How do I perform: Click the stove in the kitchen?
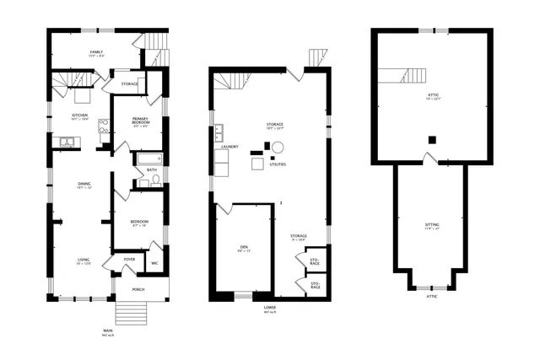104,126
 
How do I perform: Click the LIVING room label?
84,261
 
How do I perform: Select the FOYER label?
129,259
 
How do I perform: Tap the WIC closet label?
154,263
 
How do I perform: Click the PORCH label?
138,289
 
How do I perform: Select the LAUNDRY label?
229,147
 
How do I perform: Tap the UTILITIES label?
278,165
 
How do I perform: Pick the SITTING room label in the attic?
431,224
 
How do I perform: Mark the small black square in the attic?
431,140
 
